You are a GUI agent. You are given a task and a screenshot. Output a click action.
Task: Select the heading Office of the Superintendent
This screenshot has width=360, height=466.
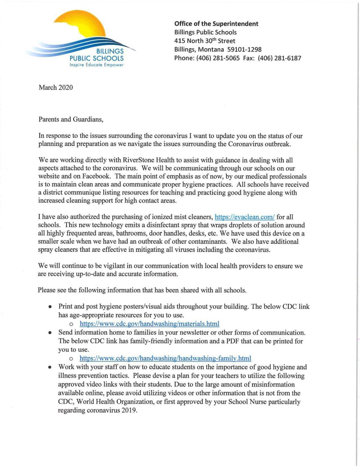pyautogui.click(x=216, y=24)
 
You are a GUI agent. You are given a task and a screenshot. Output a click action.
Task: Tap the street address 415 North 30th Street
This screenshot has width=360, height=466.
pyautogui.click(x=205, y=41)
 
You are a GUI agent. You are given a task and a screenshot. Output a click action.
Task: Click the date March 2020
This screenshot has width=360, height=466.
pyautogui.click(x=55, y=88)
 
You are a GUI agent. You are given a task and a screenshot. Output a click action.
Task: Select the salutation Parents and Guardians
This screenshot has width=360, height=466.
pyautogui.click(x=71, y=119)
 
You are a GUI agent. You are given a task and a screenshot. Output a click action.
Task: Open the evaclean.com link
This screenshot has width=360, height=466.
pyautogui.click(x=245, y=217)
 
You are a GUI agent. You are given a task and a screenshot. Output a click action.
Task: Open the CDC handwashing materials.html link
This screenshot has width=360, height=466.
pyautogui.click(x=149, y=324)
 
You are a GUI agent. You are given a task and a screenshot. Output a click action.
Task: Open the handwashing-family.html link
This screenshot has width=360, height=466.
pyautogui.click(x=165, y=358)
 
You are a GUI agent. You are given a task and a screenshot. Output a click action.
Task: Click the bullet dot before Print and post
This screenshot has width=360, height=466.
pyautogui.click(x=51, y=307)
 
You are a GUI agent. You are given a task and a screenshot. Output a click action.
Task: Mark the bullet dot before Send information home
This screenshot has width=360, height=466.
pyautogui.click(x=51, y=333)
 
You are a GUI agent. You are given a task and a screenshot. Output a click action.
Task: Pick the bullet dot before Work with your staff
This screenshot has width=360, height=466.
pyautogui.click(x=51, y=367)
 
